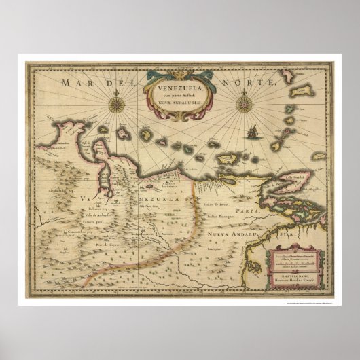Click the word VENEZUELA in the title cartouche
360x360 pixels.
coord(180,87)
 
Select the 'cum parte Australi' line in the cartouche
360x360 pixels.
coord(180,95)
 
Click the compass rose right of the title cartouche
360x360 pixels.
coord(245,103)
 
